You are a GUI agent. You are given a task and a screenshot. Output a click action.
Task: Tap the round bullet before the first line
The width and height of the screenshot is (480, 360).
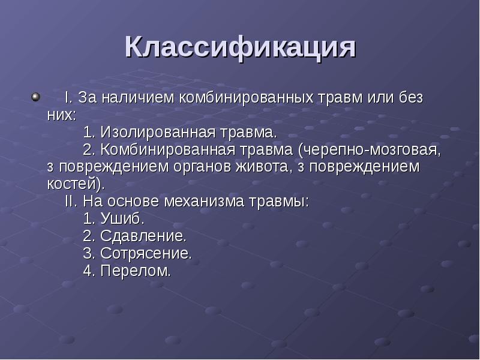coord(35,96)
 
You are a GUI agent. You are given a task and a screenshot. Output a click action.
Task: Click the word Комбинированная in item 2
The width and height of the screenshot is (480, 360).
coord(169,149)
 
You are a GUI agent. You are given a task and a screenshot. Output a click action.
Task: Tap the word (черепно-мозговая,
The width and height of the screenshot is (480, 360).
coord(372,149)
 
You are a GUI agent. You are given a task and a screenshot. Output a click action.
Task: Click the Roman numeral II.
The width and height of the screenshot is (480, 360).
coord(71,201)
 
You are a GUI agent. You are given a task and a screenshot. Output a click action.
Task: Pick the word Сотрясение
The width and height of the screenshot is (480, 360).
coord(146,253)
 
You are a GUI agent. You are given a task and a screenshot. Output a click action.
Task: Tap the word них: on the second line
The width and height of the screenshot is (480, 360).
coord(62,114)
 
